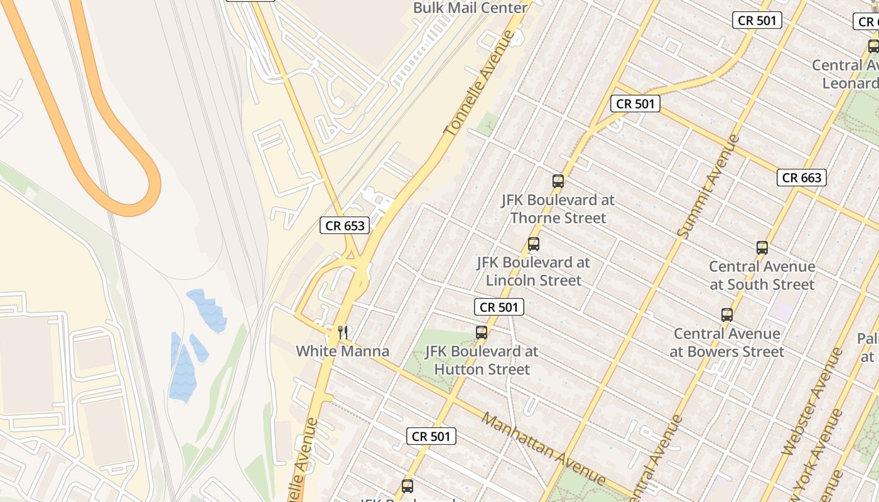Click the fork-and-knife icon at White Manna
coord(343,332)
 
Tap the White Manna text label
coord(343,351)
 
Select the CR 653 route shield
coord(345,225)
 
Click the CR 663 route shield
coord(802,178)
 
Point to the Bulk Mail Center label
coord(470,8)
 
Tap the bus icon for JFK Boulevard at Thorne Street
coord(558,181)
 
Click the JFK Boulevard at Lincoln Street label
coord(534,271)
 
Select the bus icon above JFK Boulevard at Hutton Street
coord(482,333)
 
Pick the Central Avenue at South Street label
coord(762,275)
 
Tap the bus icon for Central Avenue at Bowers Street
coord(727,315)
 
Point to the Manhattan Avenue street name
coord(543,448)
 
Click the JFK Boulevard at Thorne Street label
coord(558,209)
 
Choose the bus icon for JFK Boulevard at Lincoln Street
coord(534,244)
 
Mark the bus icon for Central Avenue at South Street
coord(762,248)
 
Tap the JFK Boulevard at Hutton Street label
coord(482,360)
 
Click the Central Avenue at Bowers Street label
coord(727,343)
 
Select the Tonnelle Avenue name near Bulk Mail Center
coord(479,83)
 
